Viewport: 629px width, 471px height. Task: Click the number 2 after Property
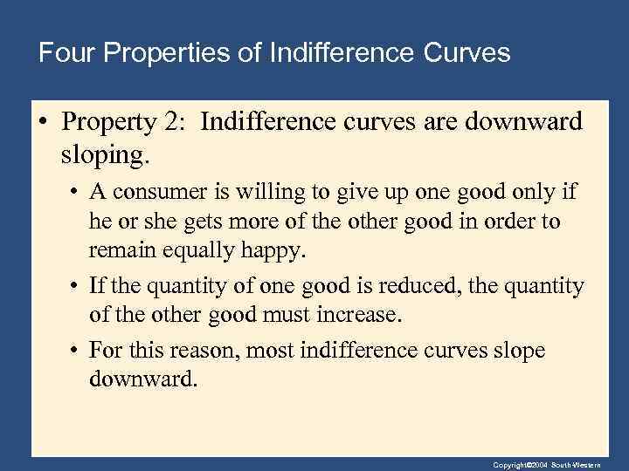[172, 122]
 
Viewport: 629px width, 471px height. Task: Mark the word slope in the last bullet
[518, 351]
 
